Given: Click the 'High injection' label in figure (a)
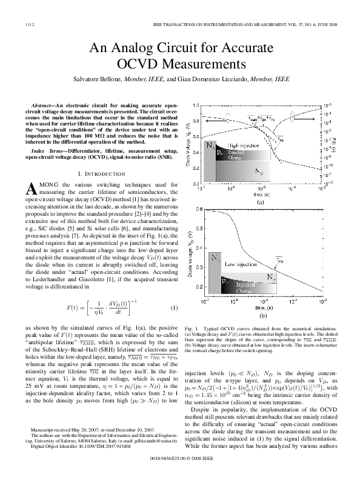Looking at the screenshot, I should (x=242, y=146).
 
